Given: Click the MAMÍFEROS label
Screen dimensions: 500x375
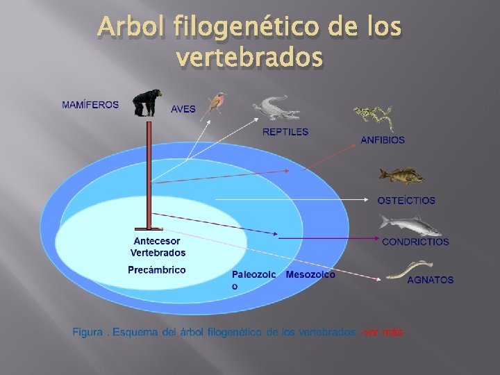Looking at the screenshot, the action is tap(90, 105).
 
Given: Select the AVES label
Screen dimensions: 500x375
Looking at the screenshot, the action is tap(183, 109).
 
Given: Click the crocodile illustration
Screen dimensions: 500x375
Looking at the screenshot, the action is tap(276, 108).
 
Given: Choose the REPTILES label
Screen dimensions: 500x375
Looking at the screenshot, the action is tap(285, 131).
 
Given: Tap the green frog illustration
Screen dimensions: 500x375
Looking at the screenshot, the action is tap(373, 116).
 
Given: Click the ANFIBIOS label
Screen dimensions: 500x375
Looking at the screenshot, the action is tap(383, 140).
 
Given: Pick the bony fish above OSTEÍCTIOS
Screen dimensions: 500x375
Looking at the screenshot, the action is tap(401, 176).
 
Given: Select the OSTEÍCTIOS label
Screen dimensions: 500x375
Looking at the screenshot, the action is tap(406, 201).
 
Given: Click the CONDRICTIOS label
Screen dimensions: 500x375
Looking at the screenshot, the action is tap(415, 242).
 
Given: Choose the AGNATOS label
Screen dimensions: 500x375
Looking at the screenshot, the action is tap(430, 280).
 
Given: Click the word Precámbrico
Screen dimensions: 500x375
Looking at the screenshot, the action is tap(157, 269).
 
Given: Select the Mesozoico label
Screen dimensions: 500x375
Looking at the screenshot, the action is tap(310, 274).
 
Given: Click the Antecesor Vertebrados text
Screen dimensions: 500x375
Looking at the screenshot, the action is tap(158, 247).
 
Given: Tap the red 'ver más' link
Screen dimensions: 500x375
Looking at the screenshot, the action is tap(381, 332).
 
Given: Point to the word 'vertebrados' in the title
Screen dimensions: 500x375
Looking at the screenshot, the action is tap(250, 58).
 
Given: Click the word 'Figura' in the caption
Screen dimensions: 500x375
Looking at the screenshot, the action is tap(88, 332).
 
